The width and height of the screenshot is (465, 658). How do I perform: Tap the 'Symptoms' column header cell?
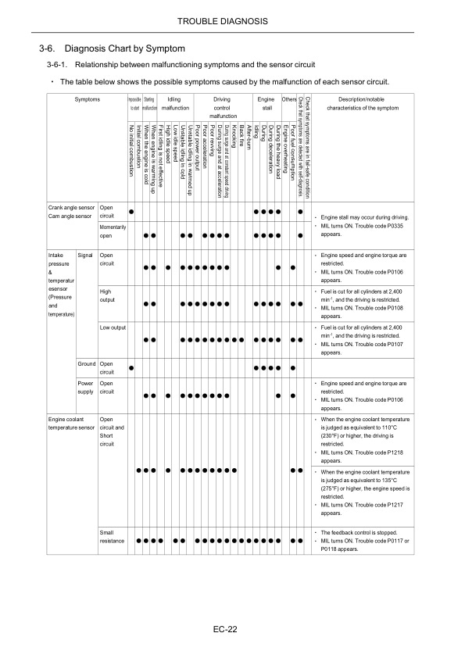tap(88, 99)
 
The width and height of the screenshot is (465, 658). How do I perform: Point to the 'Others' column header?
tap(289, 99)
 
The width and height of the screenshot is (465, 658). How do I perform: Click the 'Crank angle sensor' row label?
tap(70, 209)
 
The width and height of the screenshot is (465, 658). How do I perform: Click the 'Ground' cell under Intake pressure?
tap(86, 363)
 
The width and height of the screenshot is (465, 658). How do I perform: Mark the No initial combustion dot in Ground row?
tap(131, 367)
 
